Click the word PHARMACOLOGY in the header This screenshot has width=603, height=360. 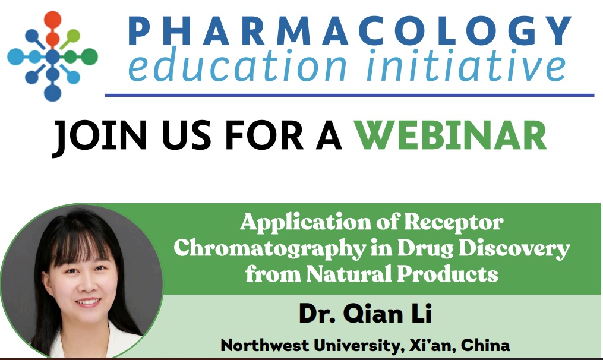pyautogui.click(x=349, y=30)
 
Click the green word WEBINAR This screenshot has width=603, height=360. pyautogui.click(x=450, y=135)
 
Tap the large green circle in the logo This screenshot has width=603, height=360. pyautogui.click(x=89, y=56)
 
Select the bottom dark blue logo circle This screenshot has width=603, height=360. pyautogui.click(x=53, y=93)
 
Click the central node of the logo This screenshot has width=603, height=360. pyautogui.click(x=53, y=56)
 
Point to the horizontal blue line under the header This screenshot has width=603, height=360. pyautogui.click(x=349, y=95)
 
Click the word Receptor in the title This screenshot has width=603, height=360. pyautogui.click(x=454, y=222)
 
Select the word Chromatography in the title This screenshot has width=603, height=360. pyautogui.click(x=270, y=249)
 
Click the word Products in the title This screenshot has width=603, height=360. pyautogui.click(x=447, y=274)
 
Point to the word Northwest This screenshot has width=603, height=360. pyautogui.click(x=264, y=345)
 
